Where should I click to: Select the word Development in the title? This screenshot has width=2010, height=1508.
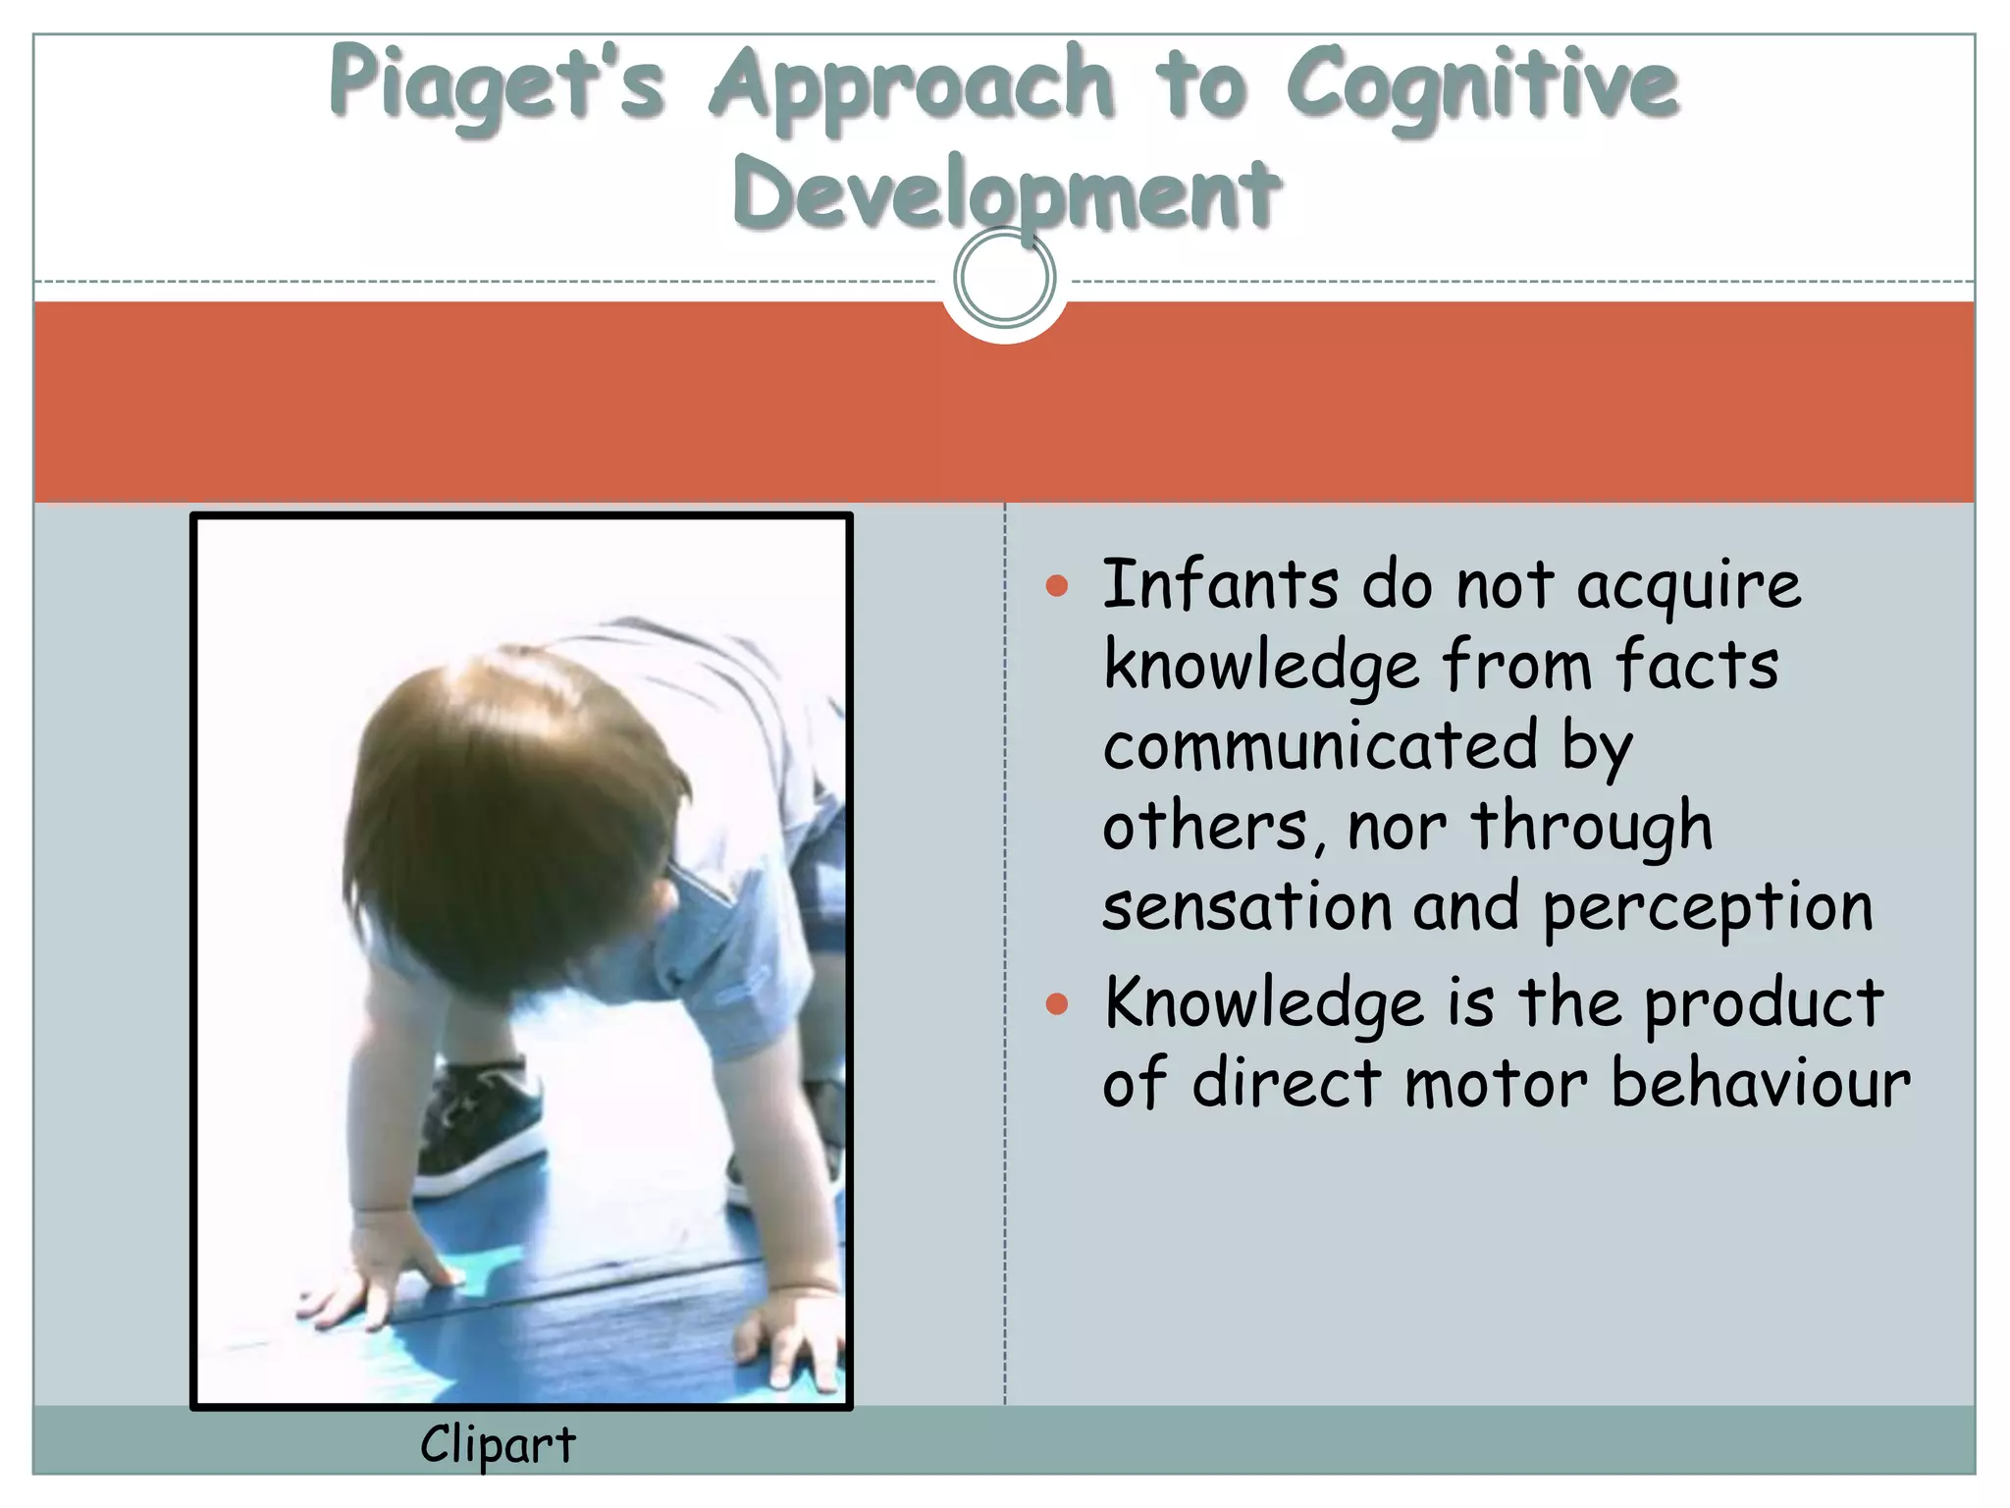1006,193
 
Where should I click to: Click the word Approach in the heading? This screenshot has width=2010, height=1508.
912,86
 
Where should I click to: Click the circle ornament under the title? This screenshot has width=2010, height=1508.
1005,278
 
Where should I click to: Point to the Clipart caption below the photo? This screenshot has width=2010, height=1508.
498,1444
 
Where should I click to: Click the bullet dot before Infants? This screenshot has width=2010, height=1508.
1056,586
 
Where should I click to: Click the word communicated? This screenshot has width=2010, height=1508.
1319,745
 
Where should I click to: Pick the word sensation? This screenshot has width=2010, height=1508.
1246,906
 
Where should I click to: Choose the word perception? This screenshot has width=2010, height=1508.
1708,908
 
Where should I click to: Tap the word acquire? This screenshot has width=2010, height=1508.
1688,586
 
